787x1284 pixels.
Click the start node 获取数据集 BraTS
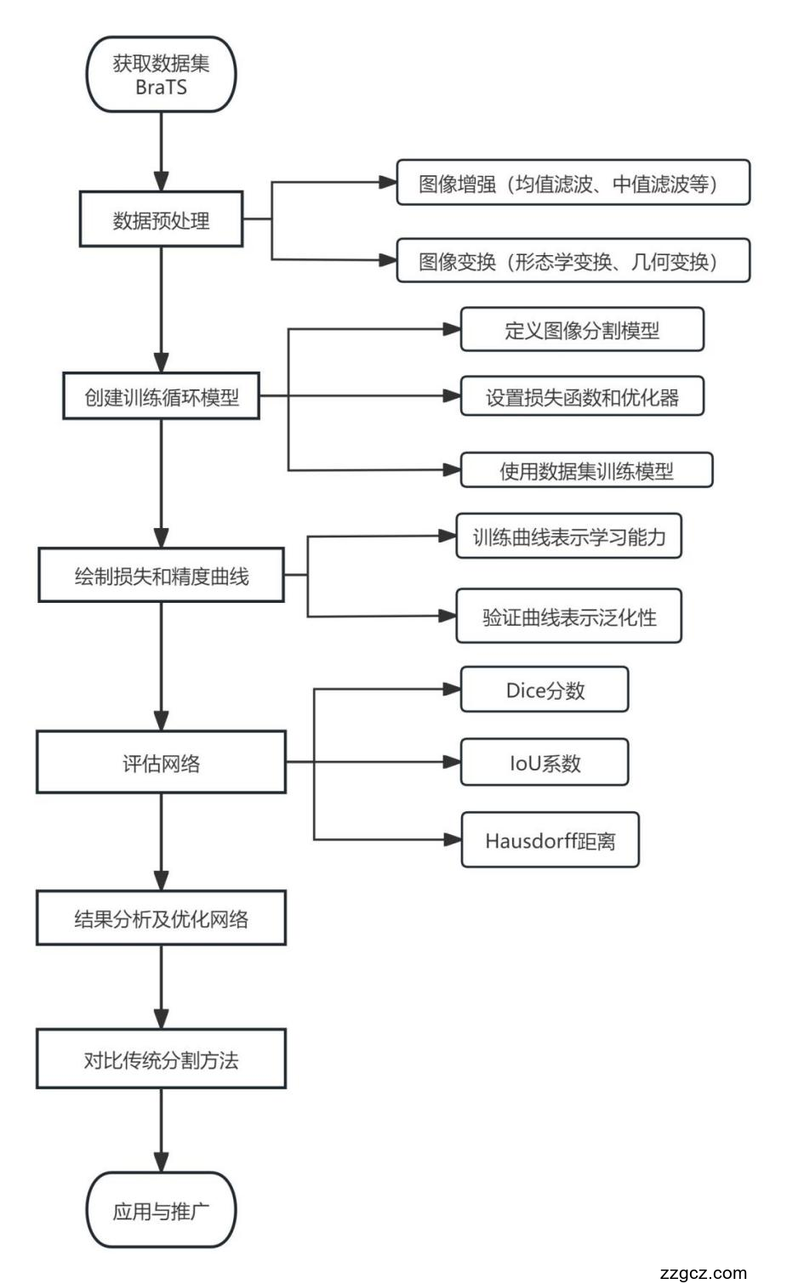pyautogui.click(x=161, y=75)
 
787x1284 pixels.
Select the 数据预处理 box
pyautogui.click(x=161, y=220)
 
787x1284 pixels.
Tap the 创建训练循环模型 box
pyautogui.click(x=161, y=397)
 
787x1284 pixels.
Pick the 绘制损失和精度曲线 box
pyautogui.click(x=161, y=576)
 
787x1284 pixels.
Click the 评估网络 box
pyautogui.click(x=161, y=763)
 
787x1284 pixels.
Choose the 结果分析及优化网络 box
pyautogui.click(x=161, y=918)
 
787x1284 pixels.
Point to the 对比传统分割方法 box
pyautogui.click(x=161, y=1060)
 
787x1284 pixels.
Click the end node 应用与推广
pyautogui.click(x=161, y=1210)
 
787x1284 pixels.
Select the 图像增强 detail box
pyautogui.click(x=573, y=183)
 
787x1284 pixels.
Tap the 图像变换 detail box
pyautogui.click(x=573, y=261)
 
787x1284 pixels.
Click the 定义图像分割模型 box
pyautogui.click(x=582, y=330)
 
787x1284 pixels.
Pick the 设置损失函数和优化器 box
pyautogui.click(x=582, y=396)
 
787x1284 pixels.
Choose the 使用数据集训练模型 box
pyautogui.click(x=586, y=470)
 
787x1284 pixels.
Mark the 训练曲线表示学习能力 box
pyautogui.click(x=568, y=537)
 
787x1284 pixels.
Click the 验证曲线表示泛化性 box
pyautogui.click(x=568, y=616)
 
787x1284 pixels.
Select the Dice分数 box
pyautogui.click(x=545, y=690)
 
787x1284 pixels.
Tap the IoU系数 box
pyautogui.click(x=545, y=763)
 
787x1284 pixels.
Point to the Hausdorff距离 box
pyautogui.click(x=550, y=840)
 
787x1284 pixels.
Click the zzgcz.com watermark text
pyautogui.click(x=703, y=1272)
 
